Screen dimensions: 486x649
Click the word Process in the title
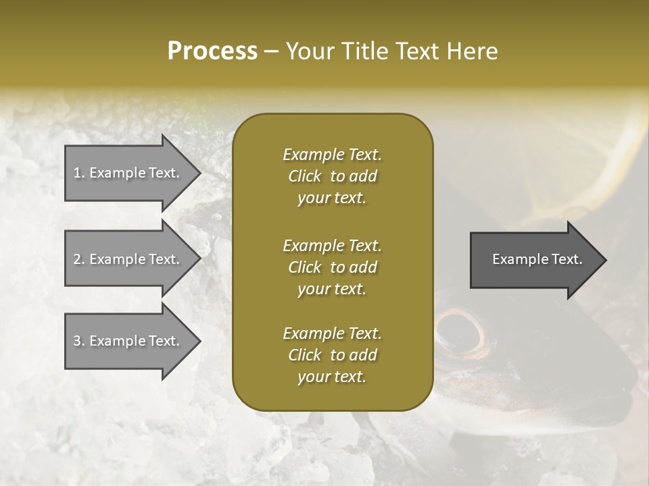[212, 51]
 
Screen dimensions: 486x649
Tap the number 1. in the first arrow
[79, 173]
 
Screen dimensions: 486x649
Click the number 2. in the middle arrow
[79, 259]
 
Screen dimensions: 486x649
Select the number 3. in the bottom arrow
[79, 341]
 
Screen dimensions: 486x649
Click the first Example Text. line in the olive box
[332, 155]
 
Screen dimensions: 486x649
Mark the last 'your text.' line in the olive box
[332, 377]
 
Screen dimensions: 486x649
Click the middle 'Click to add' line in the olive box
[332, 267]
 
